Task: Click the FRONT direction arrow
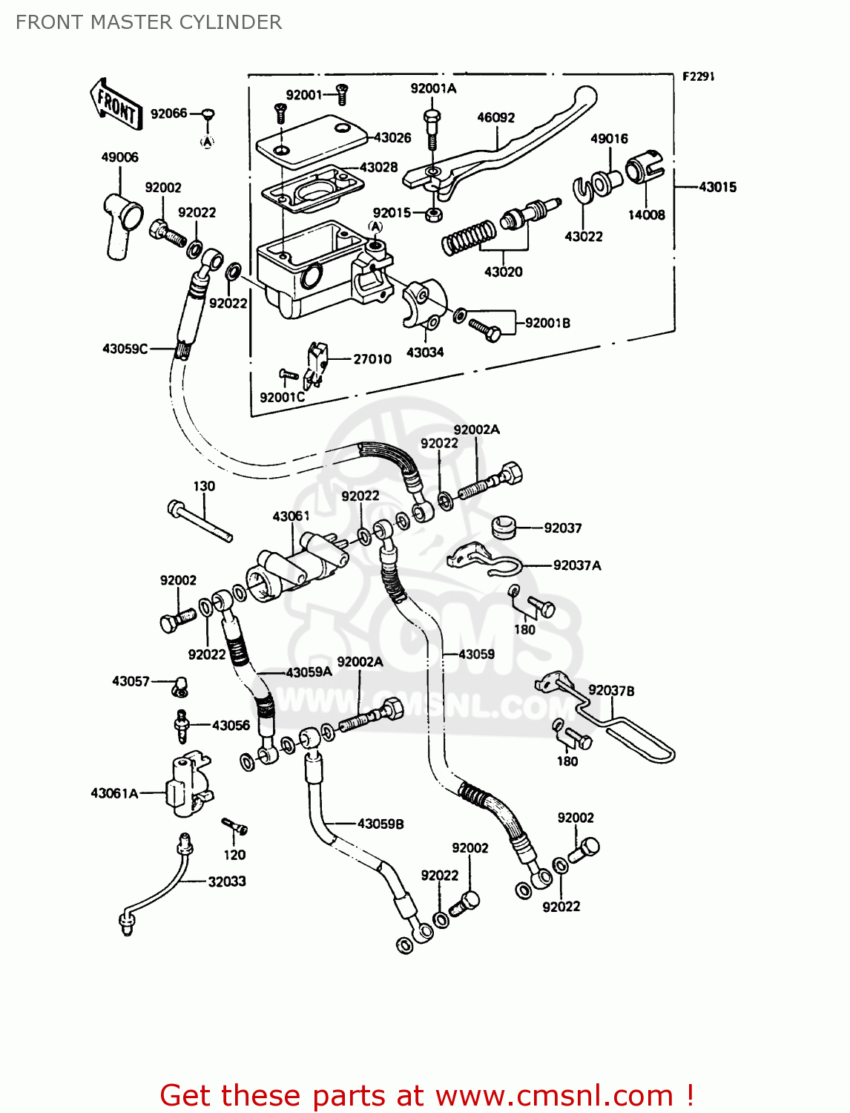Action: coord(116,104)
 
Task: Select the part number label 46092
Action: coord(495,117)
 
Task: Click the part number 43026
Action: coord(392,137)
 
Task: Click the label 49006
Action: coord(119,157)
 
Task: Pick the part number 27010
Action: coord(372,359)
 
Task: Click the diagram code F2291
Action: coord(698,76)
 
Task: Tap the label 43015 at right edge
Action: coord(717,187)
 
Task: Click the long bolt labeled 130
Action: coord(200,522)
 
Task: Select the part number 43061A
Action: coord(114,793)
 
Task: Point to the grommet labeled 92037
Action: coord(504,526)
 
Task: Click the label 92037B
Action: coord(611,691)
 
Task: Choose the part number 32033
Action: coord(226,881)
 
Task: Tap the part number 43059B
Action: coord(380,824)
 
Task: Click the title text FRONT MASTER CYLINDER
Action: coord(148,22)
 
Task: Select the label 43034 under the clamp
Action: coord(424,352)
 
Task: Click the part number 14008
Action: coord(646,215)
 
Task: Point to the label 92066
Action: coord(168,114)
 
